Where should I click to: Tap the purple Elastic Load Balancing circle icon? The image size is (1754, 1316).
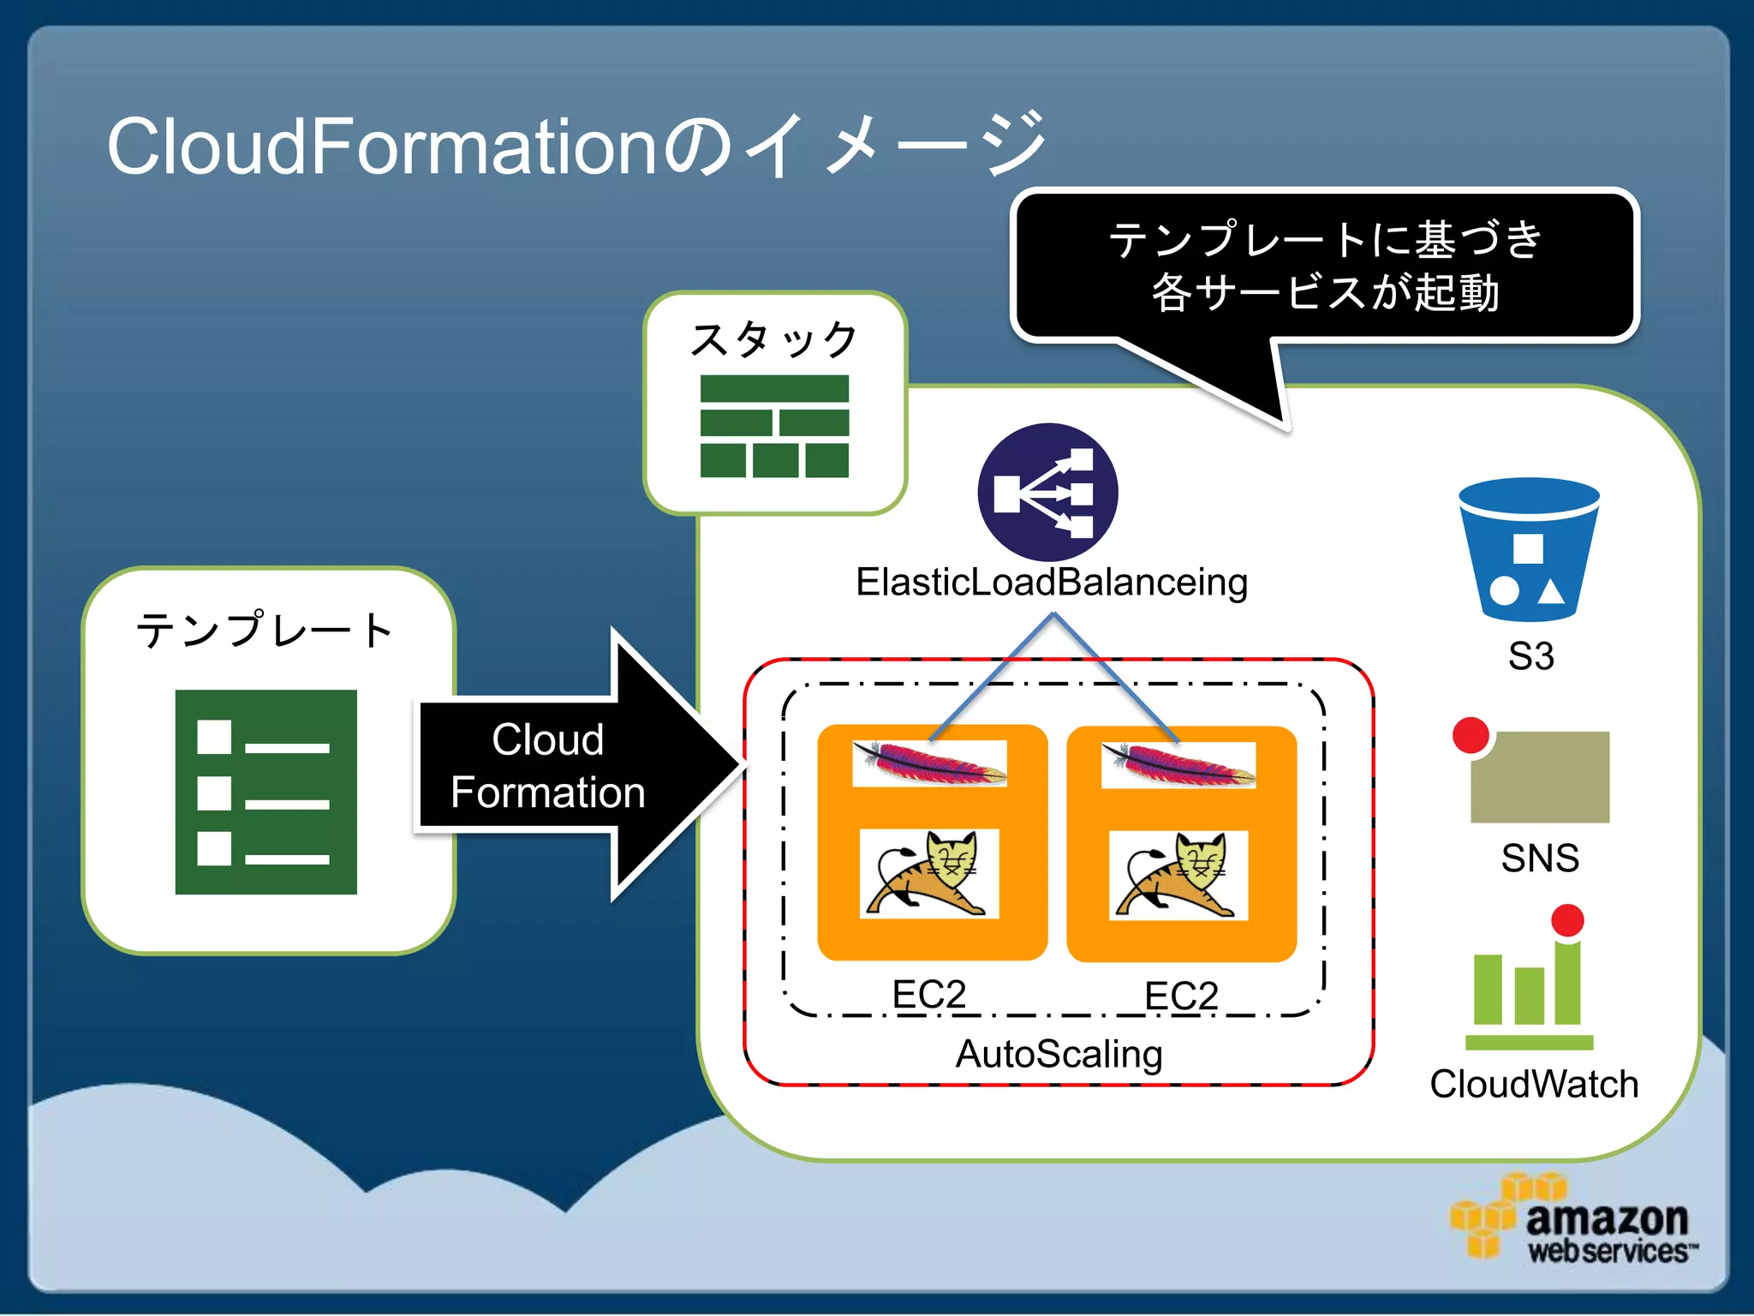[x=1047, y=493]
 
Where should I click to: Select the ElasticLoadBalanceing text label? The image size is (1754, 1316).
[x=1052, y=583]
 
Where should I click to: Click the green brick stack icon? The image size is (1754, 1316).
[x=774, y=426]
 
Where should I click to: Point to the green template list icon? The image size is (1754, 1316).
[x=265, y=792]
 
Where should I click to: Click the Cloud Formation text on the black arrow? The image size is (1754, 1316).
[x=548, y=765]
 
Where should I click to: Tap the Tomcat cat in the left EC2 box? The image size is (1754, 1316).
[x=929, y=874]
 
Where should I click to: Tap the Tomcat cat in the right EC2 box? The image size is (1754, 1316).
[x=1178, y=875]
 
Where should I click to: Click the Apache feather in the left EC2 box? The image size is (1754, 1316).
[x=929, y=763]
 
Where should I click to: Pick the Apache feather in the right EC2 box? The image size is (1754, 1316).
[x=1178, y=764]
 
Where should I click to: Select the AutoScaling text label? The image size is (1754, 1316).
[x=1059, y=1054]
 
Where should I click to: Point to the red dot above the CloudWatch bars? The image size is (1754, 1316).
[x=1567, y=920]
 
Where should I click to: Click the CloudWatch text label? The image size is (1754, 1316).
[x=1534, y=1085]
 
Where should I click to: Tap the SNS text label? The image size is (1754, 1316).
[x=1540, y=858]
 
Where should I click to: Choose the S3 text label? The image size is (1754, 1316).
[x=1530, y=656]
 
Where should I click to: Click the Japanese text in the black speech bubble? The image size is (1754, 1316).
[x=1325, y=266]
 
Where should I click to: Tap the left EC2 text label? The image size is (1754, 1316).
[x=929, y=994]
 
